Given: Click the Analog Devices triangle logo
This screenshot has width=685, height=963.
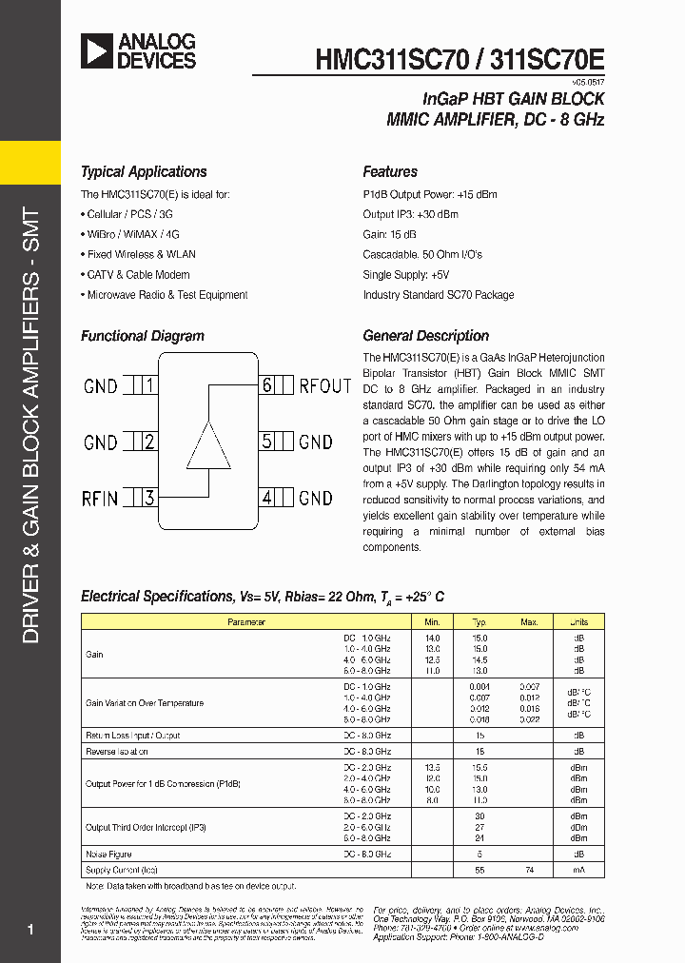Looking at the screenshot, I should point(97,50).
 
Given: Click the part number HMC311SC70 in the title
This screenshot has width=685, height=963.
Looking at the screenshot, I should point(392,58).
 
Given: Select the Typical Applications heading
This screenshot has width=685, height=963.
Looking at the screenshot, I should point(144,172).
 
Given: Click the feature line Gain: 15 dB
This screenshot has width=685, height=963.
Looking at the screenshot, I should point(389,234).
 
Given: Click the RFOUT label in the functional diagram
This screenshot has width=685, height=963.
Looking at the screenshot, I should point(325,385).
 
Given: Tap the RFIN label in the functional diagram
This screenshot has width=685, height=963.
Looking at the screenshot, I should point(101,498).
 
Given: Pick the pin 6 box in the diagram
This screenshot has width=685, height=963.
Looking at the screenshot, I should point(267,385).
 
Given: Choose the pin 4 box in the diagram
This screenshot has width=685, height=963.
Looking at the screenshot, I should point(267,498).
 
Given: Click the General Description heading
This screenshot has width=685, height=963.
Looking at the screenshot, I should point(425,336).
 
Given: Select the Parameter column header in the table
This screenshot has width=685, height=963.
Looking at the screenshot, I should point(245,621).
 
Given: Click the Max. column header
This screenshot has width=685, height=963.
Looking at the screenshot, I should point(529,621).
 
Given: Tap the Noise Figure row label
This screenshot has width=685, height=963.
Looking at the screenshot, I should point(108,855).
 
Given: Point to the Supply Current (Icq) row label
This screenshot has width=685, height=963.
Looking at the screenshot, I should point(122,871).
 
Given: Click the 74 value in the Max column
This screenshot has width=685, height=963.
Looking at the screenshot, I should point(529,871).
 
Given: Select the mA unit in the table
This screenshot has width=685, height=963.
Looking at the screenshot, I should point(578,871).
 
